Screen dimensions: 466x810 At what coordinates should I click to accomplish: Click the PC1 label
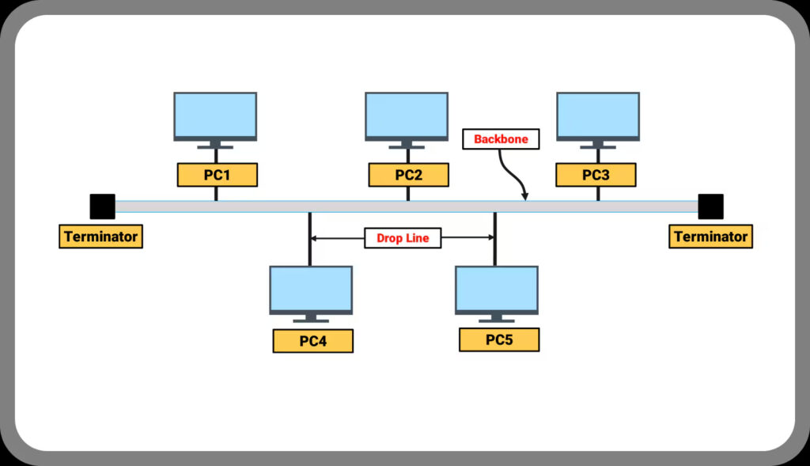pos(217,175)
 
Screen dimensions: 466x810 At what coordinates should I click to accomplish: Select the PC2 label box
pos(408,175)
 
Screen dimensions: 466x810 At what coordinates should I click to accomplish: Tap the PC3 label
pos(596,175)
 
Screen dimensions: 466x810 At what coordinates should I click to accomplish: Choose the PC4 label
pos(312,341)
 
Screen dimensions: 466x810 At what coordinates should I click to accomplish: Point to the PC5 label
pos(499,340)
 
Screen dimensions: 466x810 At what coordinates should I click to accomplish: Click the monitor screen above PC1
pos(216,115)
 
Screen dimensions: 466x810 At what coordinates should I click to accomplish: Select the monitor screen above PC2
pos(407,115)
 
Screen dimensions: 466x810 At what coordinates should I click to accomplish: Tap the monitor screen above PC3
pos(598,115)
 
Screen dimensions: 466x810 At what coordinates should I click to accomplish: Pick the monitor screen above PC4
pos(311,288)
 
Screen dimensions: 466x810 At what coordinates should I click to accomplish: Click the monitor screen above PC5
pos(497,288)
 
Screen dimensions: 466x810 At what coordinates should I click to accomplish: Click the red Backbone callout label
pos(501,139)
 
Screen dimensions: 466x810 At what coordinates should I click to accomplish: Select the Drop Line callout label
pos(403,238)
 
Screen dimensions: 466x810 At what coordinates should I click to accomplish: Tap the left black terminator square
pos(102,206)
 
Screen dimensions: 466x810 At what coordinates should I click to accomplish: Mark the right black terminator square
pos(710,206)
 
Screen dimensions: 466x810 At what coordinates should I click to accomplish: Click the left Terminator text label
pos(100,237)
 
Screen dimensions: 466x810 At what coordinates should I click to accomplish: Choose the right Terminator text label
pos(710,237)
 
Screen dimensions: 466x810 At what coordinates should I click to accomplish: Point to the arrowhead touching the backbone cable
pos(524,196)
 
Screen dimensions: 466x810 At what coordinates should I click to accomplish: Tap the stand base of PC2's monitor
pos(407,147)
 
